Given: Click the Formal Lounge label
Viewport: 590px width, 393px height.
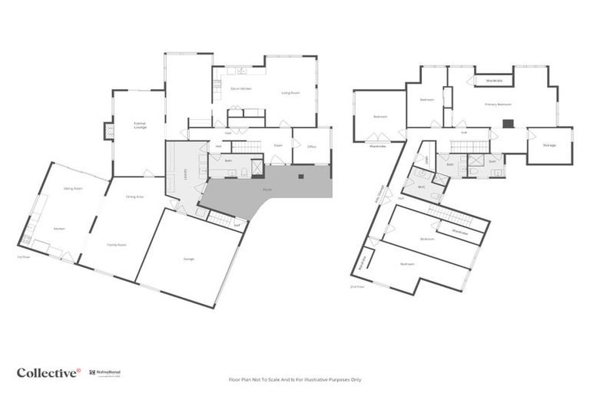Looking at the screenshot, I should pyautogui.click(x=140, y=125).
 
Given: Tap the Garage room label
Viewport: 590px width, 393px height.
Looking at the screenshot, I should pyautogui.click(x=189, y=259).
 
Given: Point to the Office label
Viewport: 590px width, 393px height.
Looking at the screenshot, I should pyautogui.click(x=312, y=147).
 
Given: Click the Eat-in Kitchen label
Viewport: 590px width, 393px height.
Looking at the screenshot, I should pyautogui.click(x=241, y=89).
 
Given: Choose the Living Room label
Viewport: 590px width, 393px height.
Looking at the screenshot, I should pyautogui.click(x=290, y=92).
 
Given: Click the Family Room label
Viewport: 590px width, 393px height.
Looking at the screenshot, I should pyautogui.click(x=117, y=244).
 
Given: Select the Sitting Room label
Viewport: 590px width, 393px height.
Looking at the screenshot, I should pyautogui.click(x=72, y=187).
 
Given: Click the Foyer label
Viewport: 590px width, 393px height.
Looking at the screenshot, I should pyautogui.click(x=278, y=144).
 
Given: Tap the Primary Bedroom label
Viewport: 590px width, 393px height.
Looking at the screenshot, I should pyautogui.click(x=498, y=104).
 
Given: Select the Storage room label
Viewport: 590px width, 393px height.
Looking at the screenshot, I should pyautogui.click(x=549, y=145).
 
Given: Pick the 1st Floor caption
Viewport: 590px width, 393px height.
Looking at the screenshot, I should pyautogui.click(x=24, y=256).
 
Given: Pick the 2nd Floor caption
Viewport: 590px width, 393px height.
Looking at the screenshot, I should pyautogui.click(x=357, y=286).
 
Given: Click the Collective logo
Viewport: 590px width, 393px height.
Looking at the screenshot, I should pyautogui.click(x=48, y=372).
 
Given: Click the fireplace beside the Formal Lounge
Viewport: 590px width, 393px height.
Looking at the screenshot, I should pyautogui.click(x=108, y=131).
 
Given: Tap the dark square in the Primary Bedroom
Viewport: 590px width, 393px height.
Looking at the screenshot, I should pyautogui.click(x=508, y=123).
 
